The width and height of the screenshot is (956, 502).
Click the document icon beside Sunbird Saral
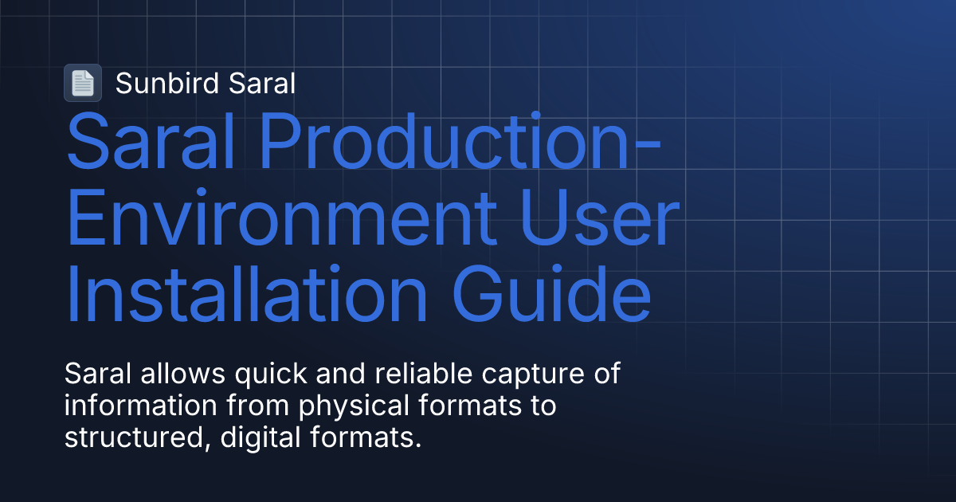pos(83,83)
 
